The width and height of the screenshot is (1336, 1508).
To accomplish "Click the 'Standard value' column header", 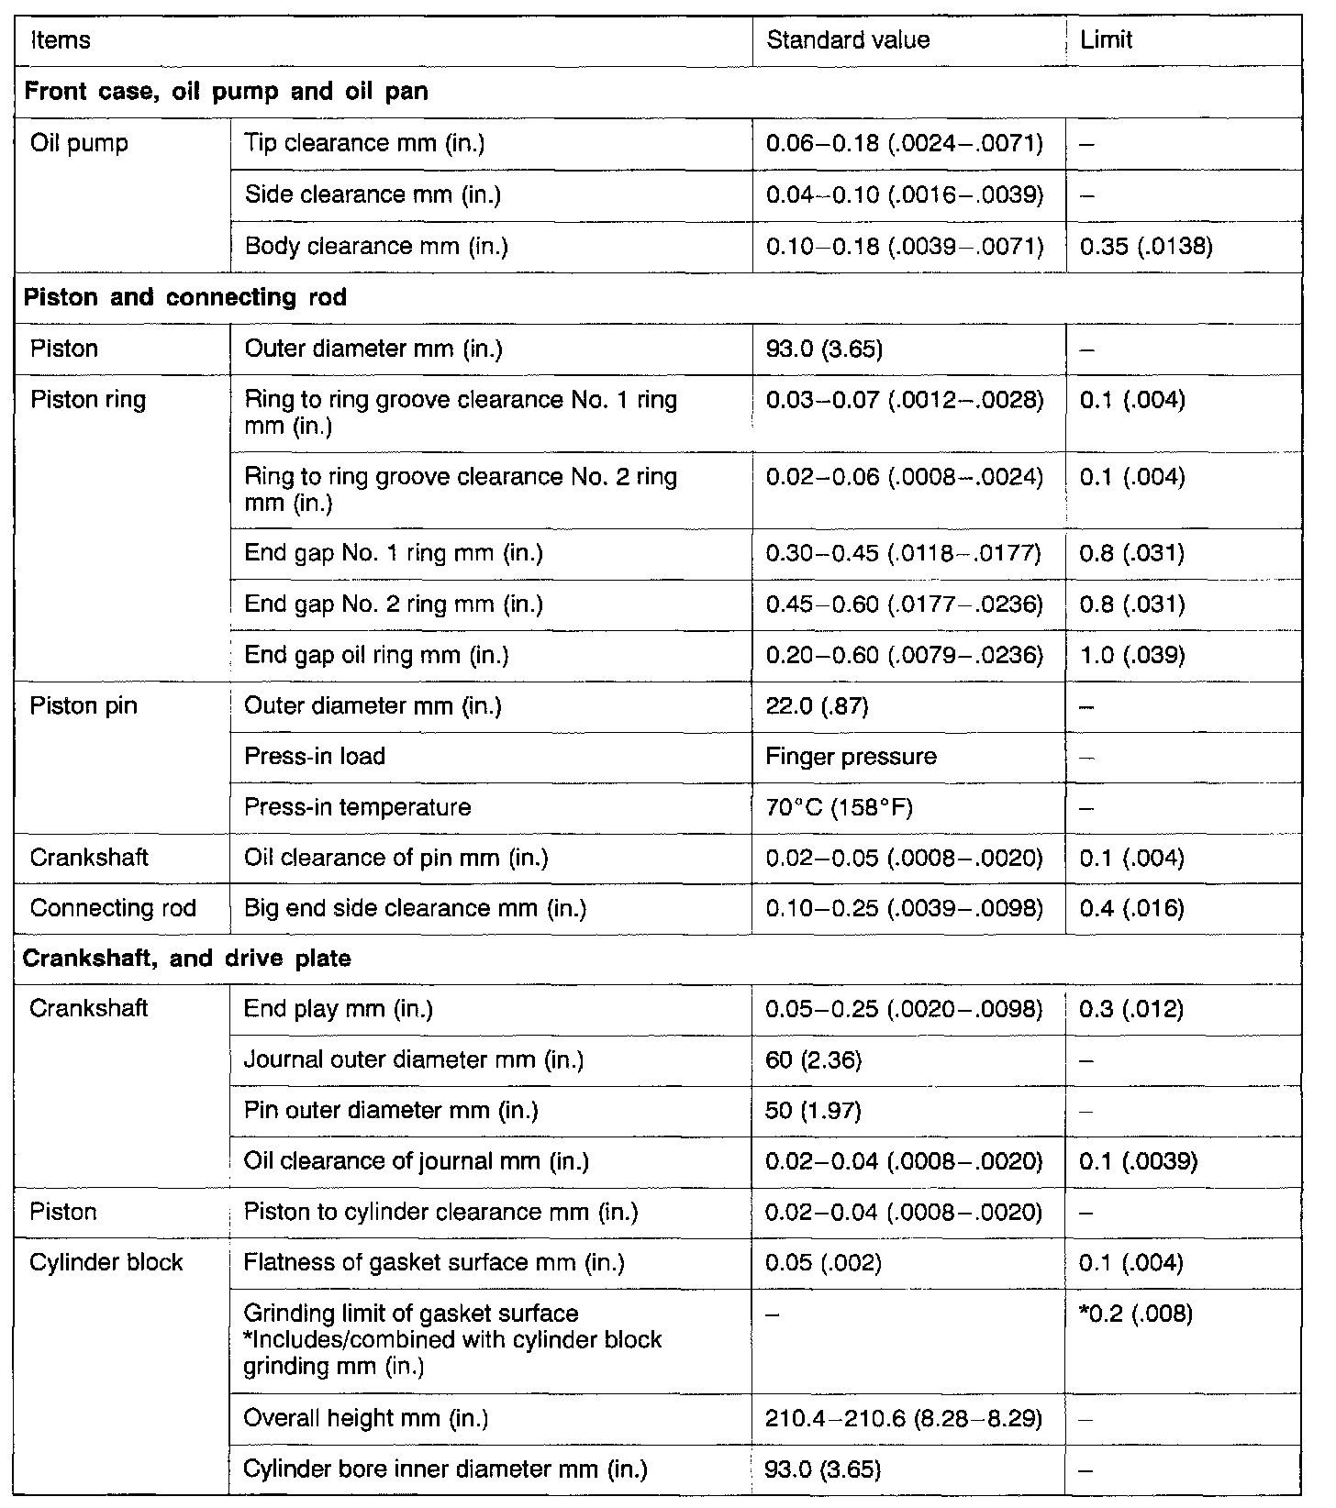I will click(x=848, y=40).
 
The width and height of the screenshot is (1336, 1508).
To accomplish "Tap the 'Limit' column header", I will click(x=1107, y=40).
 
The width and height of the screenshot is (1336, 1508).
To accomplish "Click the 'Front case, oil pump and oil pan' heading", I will click(x=226, y=92).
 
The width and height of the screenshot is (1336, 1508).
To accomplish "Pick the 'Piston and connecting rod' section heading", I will click(x=185, y=298).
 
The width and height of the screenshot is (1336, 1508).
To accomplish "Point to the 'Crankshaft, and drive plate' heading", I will click(x=187, y=959).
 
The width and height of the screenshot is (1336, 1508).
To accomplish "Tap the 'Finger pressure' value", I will click(x=852, y=757).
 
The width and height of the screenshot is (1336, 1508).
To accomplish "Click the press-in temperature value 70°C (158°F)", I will click(x=840, y=807).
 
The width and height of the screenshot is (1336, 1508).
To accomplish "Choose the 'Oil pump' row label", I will click(x=79, y=144).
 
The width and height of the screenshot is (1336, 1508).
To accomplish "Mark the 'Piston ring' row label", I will click(x=88, y=401).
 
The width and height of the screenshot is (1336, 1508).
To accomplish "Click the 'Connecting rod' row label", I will click(x=113, y=908).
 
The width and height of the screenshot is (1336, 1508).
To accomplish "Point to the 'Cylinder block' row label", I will click(x=106, y=1263).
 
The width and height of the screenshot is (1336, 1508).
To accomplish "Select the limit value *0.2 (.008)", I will click(x=1137, y=1314).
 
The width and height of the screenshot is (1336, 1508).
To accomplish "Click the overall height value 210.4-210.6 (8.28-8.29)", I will click(x=904, y=1418).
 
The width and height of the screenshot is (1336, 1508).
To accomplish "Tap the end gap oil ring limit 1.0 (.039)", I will click(x=1133, y=655).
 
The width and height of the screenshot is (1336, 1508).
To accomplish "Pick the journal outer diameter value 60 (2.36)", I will click(x=814, y=1060).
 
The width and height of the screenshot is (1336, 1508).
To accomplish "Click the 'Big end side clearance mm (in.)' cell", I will click(x=415, y=908).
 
